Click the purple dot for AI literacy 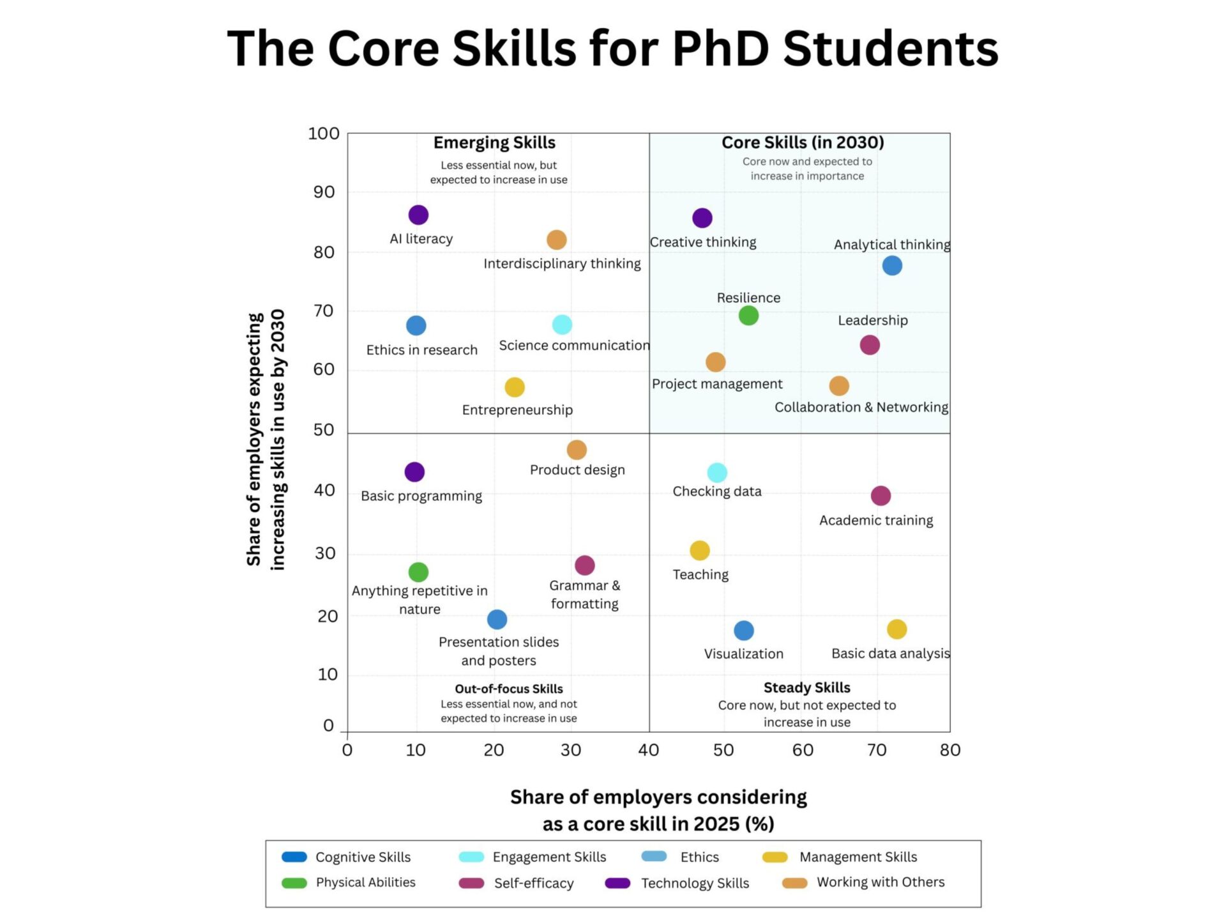418,215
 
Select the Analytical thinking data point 891,266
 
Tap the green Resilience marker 748,316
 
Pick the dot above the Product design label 576,450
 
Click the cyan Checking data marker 716,473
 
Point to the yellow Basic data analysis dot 897,629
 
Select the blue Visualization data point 743,631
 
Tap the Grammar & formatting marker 584,565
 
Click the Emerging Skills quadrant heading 494,142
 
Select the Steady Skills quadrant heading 806,687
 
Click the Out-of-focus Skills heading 508,689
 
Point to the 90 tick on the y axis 324,192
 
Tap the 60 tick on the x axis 803,750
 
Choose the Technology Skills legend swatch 617,883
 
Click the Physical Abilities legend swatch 294,883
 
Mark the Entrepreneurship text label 517,410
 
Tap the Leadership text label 872,321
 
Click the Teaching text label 700,575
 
